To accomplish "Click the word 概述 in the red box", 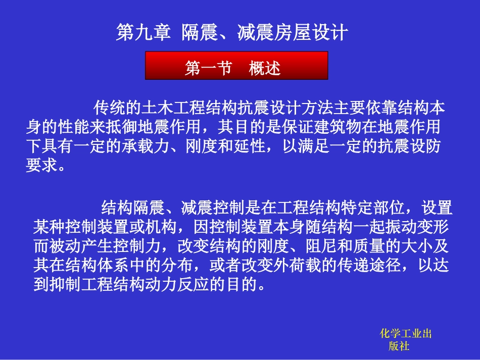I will coord(265,68).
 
